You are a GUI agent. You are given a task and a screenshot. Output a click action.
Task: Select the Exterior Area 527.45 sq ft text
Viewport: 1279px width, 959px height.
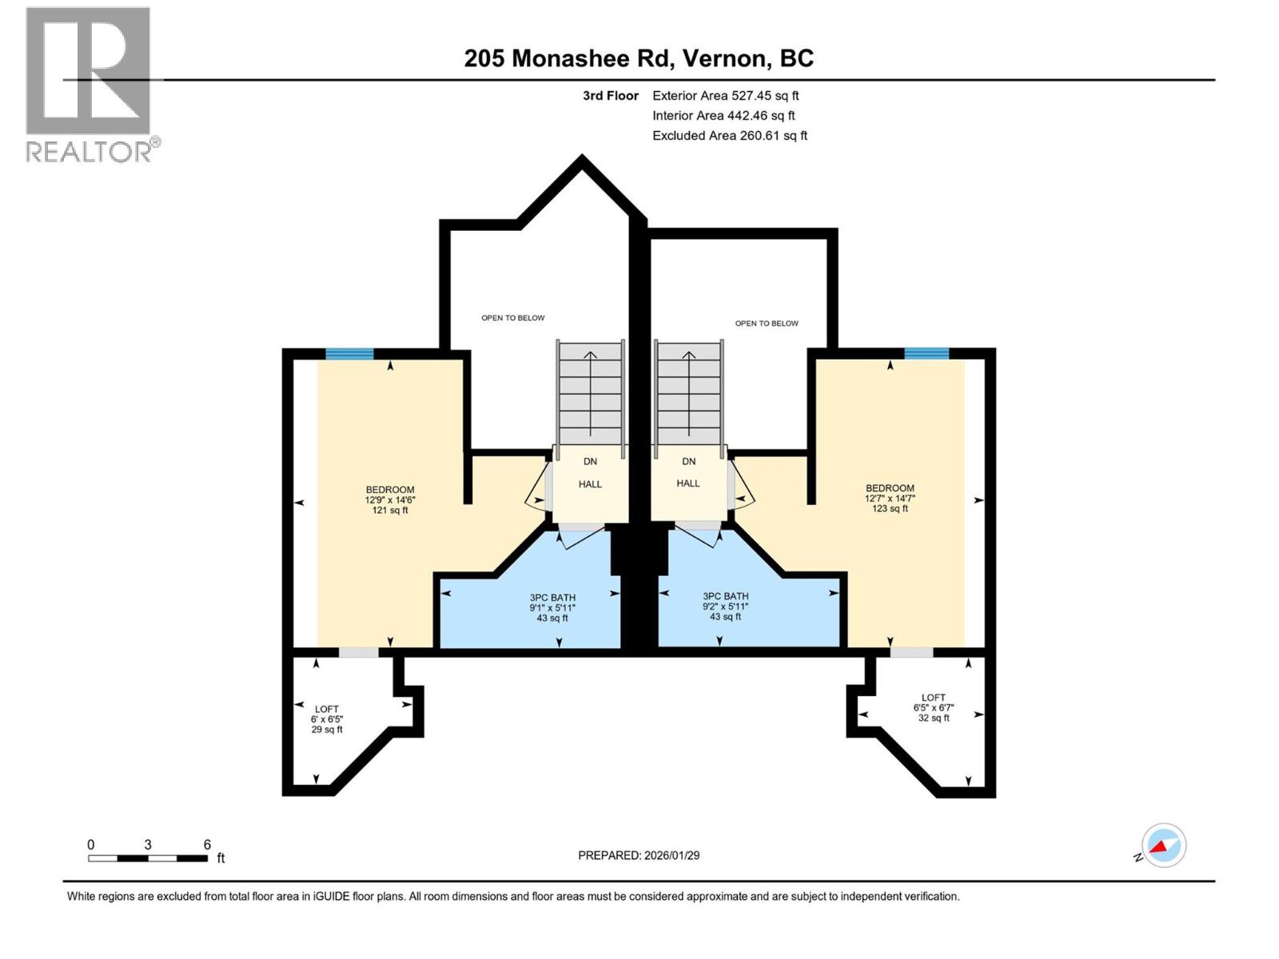(x=725, y=96)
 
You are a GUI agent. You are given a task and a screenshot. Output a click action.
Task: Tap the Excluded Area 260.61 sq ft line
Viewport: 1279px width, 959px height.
(x=729, y=136)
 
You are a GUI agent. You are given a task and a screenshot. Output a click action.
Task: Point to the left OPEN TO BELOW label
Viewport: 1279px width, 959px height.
(x=512, y=318)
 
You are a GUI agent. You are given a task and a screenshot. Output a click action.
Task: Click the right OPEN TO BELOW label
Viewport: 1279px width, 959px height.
(x=767, y=324)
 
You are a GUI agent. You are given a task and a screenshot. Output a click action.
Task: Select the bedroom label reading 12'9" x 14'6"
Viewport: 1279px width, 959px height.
(x=390, y=499)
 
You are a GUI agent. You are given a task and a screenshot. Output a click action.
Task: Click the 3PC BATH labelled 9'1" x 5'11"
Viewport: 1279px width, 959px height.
(x=552, y=607)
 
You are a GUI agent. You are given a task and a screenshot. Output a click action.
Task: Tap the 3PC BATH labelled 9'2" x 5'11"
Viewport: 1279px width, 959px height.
(x=725, y=606)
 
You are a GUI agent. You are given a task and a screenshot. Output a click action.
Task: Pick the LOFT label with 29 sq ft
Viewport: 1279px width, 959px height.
(x=327, y=719)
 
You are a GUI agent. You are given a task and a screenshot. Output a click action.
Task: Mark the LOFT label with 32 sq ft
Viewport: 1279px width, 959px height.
(x=933, y=707)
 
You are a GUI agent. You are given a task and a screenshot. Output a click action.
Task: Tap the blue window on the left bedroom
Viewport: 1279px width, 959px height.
(x=349, y=354)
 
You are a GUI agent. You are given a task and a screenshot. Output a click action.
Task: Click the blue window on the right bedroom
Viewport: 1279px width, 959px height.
(x=926, y=353)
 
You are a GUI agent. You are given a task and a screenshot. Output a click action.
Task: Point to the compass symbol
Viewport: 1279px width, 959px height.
(x=1163, y=846)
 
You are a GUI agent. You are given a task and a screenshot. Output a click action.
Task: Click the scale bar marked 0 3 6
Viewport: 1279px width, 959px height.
(x=149, y=858)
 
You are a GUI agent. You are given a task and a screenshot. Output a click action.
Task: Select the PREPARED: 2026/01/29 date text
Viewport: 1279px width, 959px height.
(x=639, y=855)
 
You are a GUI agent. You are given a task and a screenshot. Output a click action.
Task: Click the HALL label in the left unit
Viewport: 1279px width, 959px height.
(x=590, y=484)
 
